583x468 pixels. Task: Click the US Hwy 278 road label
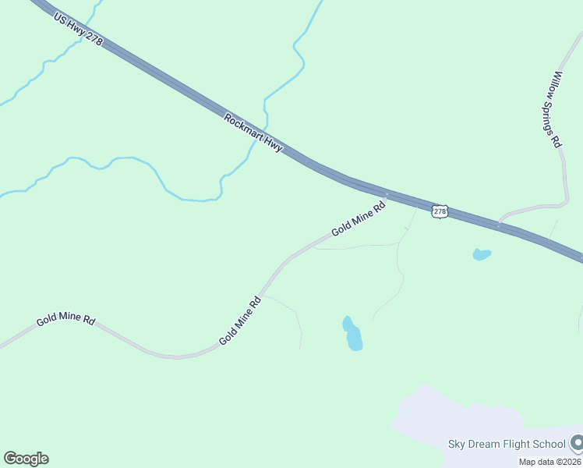tap(78, 29)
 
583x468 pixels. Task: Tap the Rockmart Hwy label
tap(253, 133)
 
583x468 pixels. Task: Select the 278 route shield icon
tap(440, 211)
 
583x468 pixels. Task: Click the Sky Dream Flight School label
tap(506, 445)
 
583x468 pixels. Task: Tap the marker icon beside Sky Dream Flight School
tap(577, 444)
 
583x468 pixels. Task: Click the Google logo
tap(26, 459)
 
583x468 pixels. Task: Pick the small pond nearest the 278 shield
tap(482, 254)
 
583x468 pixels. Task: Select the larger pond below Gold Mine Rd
tap(353, 334)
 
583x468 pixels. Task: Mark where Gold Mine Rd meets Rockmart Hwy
tap(386, 195)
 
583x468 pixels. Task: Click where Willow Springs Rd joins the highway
tap(500, 224)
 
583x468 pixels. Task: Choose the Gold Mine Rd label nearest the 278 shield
tap(359, 220)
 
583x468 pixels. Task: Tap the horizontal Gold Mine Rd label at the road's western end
tap(65, 320)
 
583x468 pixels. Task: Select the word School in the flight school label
tap(549, 445)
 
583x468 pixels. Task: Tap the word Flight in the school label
tap(516, 445)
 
